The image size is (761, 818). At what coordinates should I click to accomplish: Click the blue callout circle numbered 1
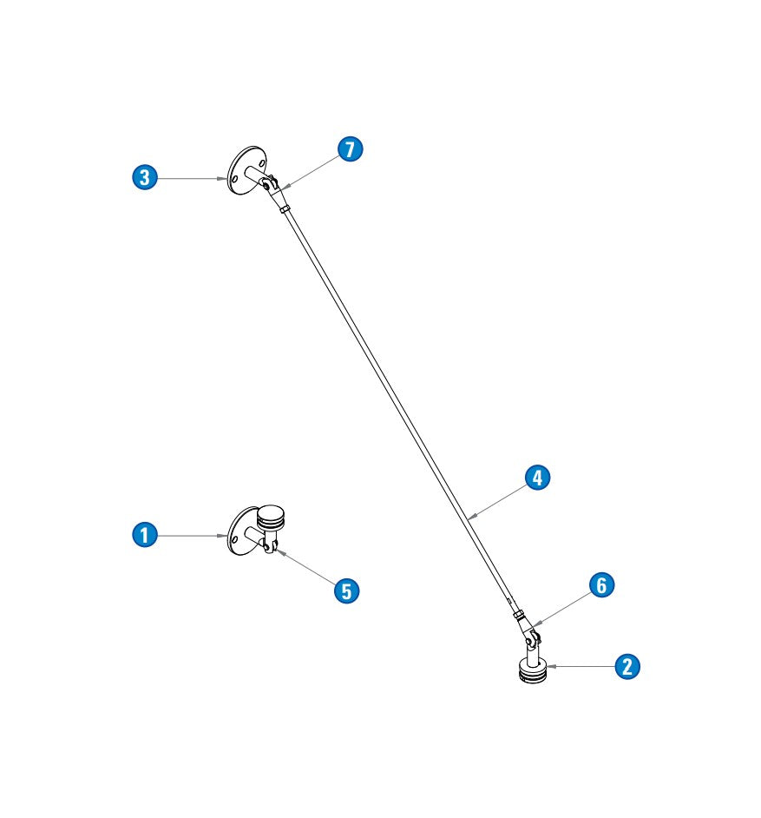point(144,535)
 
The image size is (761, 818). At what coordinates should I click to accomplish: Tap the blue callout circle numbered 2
point(627,666)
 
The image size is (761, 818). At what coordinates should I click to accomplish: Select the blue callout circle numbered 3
point(144,177)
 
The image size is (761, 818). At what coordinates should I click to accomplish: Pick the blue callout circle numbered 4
point(537,478)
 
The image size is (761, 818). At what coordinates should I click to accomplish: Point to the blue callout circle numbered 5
point(346,591)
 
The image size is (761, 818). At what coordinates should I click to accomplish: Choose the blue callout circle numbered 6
point(601,584)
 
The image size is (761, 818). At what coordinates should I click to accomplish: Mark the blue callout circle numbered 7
point(351,148)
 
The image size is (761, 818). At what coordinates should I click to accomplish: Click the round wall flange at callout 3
point(246,170)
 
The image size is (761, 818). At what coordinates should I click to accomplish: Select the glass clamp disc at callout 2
point(533,671)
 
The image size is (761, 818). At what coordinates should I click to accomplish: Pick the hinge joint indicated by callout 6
point(533,637)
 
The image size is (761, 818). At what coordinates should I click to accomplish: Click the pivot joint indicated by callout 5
point(269,546)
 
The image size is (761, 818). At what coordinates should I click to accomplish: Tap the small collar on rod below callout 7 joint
point(284,210)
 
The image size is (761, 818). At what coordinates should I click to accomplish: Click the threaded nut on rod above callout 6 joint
point(518,615)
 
